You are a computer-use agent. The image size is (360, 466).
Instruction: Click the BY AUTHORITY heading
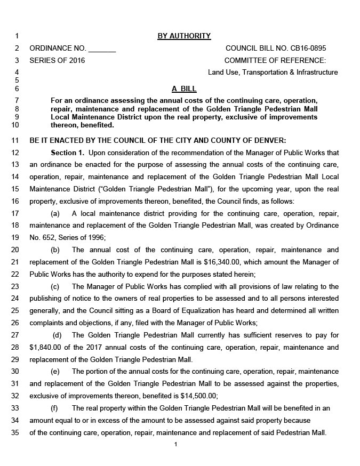(x=184, y=36)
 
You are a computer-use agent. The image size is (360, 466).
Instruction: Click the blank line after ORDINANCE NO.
(x=102, y=49)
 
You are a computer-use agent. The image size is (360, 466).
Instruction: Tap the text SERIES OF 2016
(x=57, y=60)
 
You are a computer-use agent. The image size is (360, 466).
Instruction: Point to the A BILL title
(x=184, y=89)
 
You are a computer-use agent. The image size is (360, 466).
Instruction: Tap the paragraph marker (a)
(x=55, y=213)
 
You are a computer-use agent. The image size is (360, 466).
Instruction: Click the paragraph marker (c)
(x=55, y=286)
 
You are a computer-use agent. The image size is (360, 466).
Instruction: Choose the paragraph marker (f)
(x=54, y=408)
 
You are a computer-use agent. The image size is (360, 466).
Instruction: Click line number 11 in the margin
(x=15, y=141)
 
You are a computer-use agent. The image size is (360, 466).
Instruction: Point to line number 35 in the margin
(x=15, y=432)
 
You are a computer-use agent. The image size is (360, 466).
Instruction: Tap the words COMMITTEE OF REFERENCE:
(x=275, y=60)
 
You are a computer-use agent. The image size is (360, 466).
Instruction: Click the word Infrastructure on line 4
(x=317, y=72)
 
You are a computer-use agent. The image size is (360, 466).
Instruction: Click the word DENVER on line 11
(x=270, y=141)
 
